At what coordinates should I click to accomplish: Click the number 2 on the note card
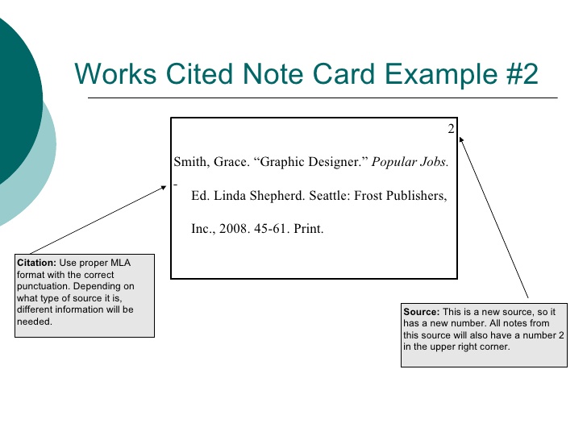click(452, 129)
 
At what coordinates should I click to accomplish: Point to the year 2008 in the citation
click(230, 229)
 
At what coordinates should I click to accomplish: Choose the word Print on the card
click(308, 229)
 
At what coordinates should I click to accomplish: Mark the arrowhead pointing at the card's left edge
click(164, 189)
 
